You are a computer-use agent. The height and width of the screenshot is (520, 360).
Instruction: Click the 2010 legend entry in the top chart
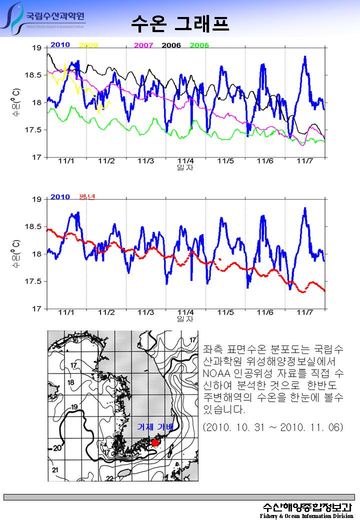(60, 45)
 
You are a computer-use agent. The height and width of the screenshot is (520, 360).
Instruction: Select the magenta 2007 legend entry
(143, 45)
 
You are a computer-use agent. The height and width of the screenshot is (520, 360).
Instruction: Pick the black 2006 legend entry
(171, 45)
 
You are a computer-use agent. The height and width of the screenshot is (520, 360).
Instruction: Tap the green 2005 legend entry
(199, 45)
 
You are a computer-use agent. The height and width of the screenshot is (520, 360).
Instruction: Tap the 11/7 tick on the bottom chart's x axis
(304, 312)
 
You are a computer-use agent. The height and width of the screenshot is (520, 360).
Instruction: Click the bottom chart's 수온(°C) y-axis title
(16, 254)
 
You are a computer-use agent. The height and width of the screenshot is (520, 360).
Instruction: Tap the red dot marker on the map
(155, 442)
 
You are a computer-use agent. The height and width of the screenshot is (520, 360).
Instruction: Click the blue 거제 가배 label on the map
(155, 427)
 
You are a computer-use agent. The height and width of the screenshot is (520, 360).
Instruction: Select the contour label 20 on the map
(57, 448)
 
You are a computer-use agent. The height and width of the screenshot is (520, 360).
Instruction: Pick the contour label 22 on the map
(109, 478)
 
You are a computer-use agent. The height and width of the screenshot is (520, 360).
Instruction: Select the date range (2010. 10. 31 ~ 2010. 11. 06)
(273, 428)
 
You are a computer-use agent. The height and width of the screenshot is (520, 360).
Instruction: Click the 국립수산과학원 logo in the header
(45, 19)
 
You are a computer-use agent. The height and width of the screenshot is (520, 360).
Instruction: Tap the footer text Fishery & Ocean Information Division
(306, 515)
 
